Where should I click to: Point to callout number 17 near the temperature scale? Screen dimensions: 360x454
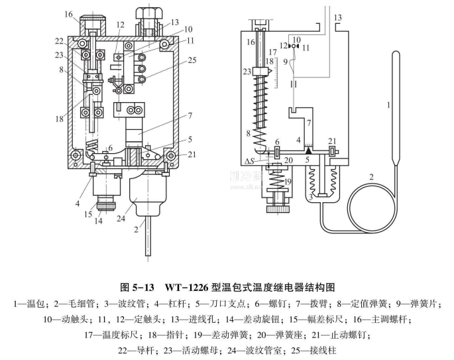click(272, 52)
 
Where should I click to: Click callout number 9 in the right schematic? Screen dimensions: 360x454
click(286, 62)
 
